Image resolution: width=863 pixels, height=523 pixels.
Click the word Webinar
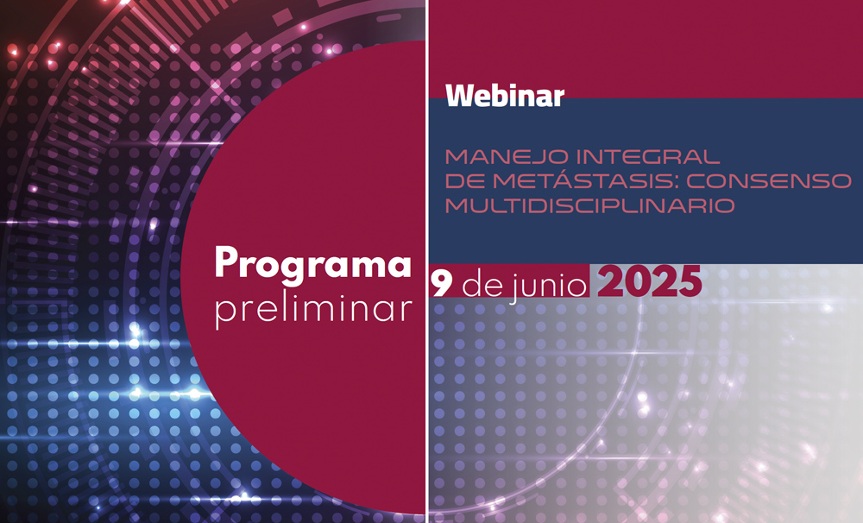pyautogui.click(x=505, y=96)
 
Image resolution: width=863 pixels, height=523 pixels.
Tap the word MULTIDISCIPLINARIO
pyautogui.click(x=589, y=205)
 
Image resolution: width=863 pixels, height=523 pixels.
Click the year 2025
pyautogui.click(x=650, y=282)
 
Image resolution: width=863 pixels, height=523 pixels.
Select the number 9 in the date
pyautogui.click(x=441, y=284)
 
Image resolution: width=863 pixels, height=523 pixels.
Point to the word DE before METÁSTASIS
pyautogui.click(x=465, y=180)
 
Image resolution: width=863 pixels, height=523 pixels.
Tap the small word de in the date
pyautogui.click(x=481, y=284)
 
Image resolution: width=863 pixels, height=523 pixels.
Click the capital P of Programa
pyautogui.click(x=227, y=261)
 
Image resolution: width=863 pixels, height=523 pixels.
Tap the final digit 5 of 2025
pyautogui.click(x=690, y=282)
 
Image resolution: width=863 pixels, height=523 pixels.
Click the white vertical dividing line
pyautogui.click(x=427, y=261)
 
